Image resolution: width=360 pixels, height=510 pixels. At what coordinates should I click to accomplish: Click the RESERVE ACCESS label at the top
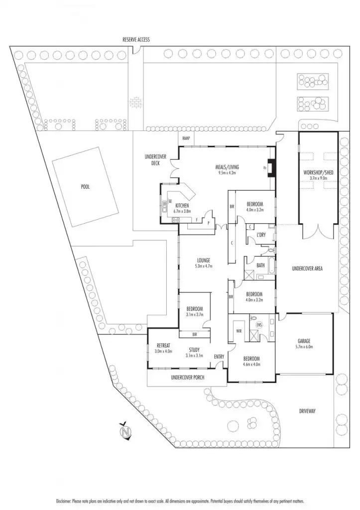click(x=136, y=39)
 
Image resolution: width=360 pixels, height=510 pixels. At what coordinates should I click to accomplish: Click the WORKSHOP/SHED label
click(x=318, y=172)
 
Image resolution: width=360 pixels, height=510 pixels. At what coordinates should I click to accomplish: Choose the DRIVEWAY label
click(x=308, y=411)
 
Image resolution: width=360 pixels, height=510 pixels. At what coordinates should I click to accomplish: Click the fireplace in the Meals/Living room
click(x=270, y=168)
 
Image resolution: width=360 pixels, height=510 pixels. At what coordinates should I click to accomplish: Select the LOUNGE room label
click(x=203, y=260)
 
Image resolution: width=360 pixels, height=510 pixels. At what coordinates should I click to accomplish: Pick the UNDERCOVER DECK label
click(x=154, y=160)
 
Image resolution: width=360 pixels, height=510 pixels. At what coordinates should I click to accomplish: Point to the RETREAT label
click(x=164, y=345)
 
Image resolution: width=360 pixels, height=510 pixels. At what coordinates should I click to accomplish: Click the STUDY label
click(x=194, y=349)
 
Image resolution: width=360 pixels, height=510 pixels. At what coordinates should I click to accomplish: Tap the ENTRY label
click(x=219, y=357)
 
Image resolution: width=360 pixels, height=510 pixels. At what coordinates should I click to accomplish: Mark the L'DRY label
click(x=262, y=234)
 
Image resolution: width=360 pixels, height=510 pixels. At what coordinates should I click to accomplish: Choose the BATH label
click(x=260, y=265)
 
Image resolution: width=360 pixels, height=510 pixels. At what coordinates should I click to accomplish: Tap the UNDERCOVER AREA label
click(x=307, y=268)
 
